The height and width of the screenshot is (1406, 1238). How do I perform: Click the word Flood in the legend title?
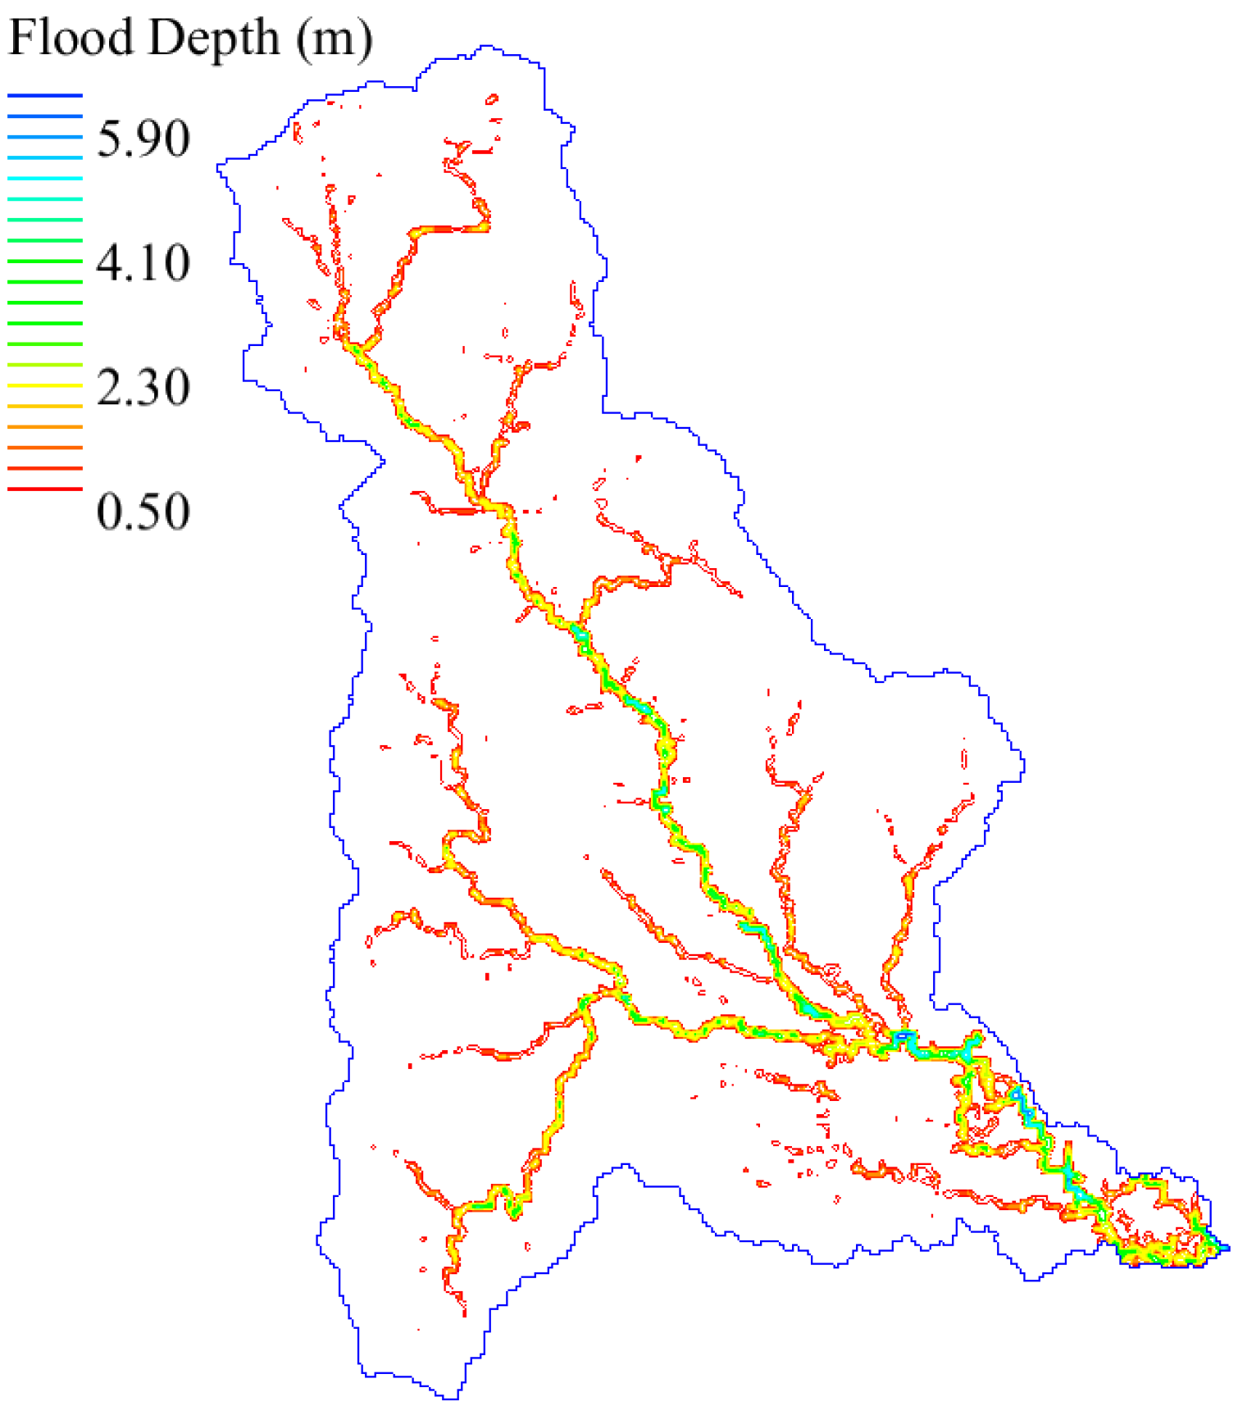[x=71, y=38]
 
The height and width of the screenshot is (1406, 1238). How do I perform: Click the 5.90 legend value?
[x=143, y=138]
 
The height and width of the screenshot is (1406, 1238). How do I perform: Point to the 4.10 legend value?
[x=143, y=263]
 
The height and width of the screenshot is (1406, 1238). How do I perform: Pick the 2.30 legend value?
[x=143, y=387]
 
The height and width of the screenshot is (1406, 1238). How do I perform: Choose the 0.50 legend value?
[x=143, y=512]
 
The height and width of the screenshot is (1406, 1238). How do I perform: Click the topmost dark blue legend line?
[x=45, y=96]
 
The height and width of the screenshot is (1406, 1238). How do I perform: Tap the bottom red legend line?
[x=45, y=489]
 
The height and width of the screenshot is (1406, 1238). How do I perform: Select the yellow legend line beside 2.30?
[x=45, y=385]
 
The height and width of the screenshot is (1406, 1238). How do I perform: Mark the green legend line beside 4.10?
[x=45, y=261]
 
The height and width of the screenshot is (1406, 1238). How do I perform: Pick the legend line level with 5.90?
[x=45, y=137]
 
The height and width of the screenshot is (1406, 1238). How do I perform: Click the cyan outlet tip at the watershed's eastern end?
[x=1225, y=1248]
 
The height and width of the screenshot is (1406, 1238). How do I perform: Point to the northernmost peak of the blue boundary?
[x=487, y=47]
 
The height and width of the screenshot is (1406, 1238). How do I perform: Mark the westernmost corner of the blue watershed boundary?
[x=219, y=167]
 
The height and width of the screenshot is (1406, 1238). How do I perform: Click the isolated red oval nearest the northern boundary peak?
[x=492, y=100]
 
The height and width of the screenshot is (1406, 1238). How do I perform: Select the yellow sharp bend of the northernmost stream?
[x=484, y=224]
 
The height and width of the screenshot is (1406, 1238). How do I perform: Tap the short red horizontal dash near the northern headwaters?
[x=483, y=152]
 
